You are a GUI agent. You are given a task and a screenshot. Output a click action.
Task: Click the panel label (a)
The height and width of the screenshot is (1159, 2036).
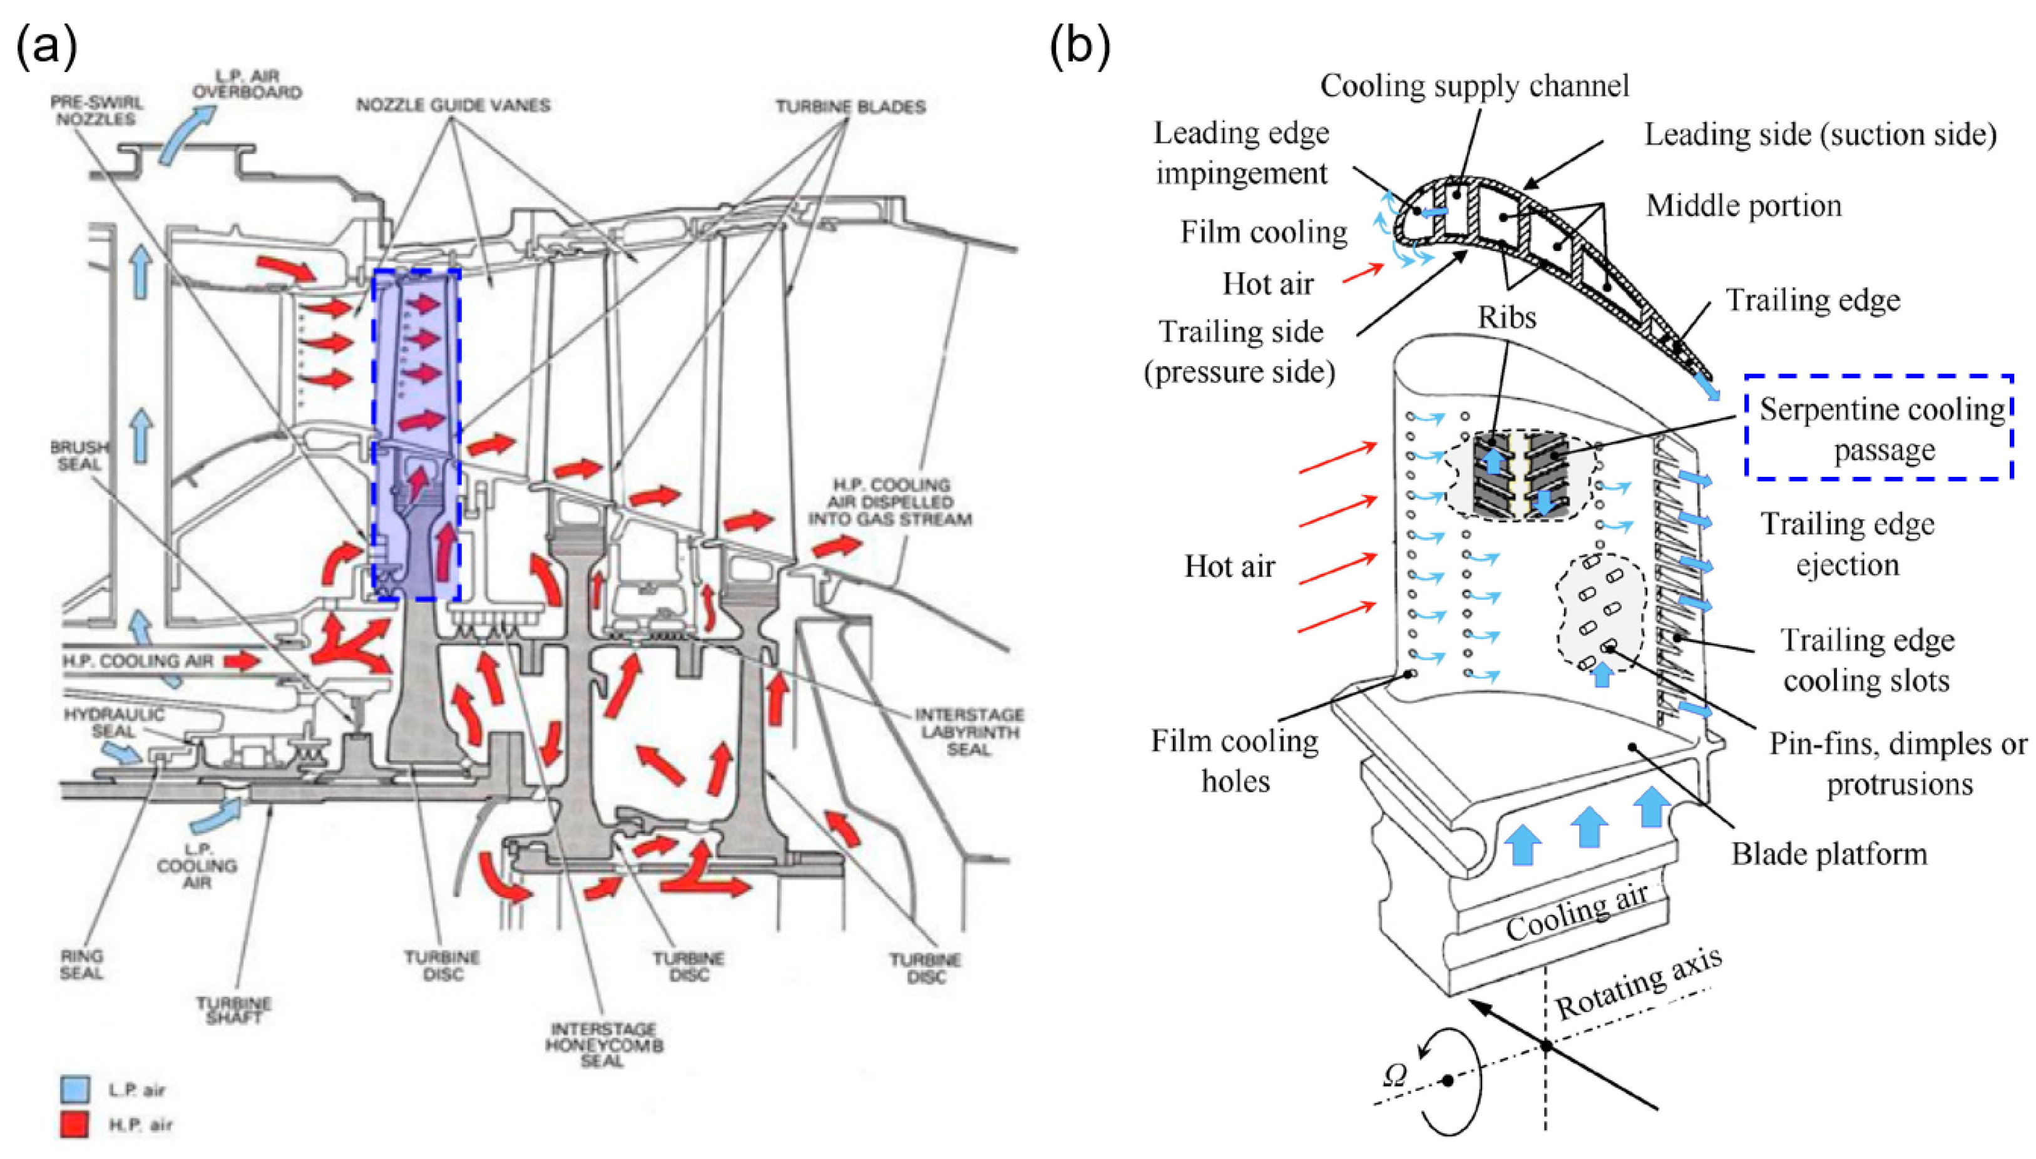[46, 46]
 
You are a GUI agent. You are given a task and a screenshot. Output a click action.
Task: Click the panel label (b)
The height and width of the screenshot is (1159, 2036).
[1079, 46]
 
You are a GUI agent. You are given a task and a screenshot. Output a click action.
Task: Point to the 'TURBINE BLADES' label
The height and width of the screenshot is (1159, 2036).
[850, 106]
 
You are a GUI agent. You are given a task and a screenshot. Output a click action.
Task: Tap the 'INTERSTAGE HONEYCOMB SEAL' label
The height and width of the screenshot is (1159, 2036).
[604, 1044]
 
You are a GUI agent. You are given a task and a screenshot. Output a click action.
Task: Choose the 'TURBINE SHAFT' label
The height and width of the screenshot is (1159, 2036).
[234, 1010]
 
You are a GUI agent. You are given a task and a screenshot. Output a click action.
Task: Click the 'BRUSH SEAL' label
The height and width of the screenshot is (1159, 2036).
[79, 456]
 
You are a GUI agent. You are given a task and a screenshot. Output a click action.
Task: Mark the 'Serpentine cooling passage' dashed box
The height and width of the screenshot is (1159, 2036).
[1879, 427]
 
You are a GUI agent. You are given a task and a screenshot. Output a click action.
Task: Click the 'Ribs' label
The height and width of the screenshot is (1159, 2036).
[1507, 318]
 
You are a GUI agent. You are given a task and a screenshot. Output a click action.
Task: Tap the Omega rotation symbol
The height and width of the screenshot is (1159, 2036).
[1394, 1075]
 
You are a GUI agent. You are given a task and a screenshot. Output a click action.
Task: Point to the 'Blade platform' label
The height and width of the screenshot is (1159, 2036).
[1829, 854]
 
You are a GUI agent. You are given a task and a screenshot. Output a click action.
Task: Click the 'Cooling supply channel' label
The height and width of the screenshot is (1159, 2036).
[1474, 86]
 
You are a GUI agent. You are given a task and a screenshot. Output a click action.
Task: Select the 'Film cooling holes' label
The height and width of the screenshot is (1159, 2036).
[1234, 761]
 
